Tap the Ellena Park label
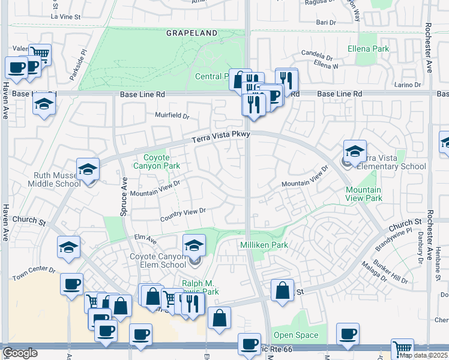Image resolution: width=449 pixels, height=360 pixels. click(x=368, y=49)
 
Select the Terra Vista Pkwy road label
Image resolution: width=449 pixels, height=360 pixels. click(x=220, y=137)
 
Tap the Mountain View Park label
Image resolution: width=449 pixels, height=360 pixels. click(x=363, y=194)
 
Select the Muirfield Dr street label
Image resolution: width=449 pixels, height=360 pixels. click(x=172, y=115)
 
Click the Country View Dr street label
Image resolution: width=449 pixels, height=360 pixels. click(x=183, y=213)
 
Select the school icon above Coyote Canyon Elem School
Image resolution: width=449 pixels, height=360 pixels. click(x=194, y=245)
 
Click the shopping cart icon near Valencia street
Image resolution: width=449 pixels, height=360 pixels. click(x=40, y=54)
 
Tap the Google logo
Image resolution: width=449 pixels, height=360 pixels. click(x=19, y=353)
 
